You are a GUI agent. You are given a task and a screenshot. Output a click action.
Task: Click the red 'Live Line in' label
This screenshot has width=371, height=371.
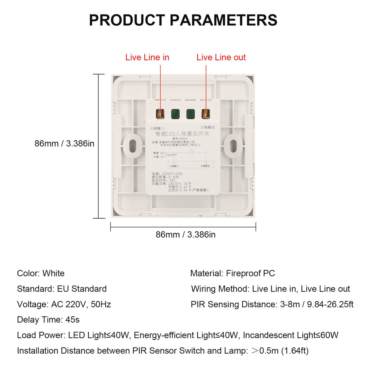147,58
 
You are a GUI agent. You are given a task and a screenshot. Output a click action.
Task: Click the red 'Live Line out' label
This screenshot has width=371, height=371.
221,58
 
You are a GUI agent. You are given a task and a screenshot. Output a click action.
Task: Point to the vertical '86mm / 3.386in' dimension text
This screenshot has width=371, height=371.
64,143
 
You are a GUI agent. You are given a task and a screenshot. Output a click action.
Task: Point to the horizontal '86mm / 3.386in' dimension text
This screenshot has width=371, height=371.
185,235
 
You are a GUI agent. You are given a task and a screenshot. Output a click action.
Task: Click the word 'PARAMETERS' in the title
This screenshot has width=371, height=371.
223,20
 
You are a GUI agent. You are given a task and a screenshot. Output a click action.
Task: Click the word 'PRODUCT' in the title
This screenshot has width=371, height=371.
127,20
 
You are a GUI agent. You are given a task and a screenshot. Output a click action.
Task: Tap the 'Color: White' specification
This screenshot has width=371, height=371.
41,273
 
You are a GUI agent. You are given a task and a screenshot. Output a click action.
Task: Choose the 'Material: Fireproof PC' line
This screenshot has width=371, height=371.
232,273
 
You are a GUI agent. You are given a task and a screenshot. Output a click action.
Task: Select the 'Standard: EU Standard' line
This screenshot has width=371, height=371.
62,289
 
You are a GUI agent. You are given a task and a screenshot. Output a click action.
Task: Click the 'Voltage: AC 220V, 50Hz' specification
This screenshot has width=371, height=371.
64,304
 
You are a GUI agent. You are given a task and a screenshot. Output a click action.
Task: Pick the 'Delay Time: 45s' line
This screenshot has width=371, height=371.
48,320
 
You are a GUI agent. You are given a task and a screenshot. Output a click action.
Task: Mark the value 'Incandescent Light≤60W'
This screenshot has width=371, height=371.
291,335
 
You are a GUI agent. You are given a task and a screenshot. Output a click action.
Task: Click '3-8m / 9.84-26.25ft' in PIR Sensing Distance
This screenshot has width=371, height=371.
317,304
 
